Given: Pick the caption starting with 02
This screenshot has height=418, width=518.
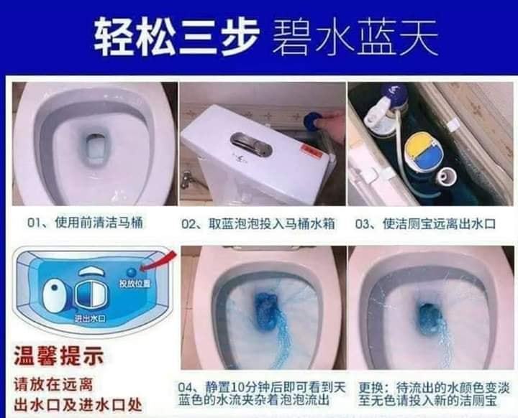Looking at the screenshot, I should point(260,224).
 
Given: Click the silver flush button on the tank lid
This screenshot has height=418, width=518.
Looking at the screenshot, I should point(251,144).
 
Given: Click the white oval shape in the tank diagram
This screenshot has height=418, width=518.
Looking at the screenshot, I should point(55,295).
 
